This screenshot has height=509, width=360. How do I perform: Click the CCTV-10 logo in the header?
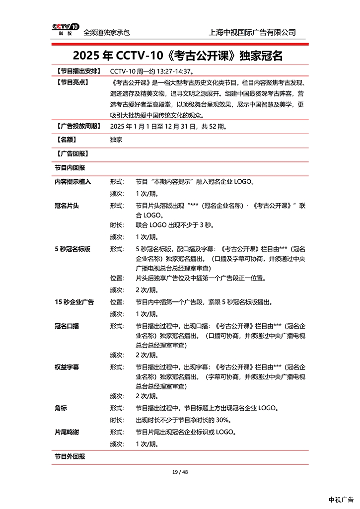pyautogui.click(x=66, y=29)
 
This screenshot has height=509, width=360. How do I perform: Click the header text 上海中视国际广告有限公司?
pyautogui.click(x=253, y=32)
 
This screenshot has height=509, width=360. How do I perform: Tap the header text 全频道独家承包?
pyautogui.click(x=107, y=32)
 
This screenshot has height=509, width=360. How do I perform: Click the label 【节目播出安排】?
pyautogui.click(x=78, y=71)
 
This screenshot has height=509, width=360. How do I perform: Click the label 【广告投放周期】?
pyautogui.click(x=78, y=127)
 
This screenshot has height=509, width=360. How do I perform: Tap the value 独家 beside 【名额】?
pyautogui.click(x=116, y=140)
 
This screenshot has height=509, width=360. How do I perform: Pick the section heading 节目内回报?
pyautogui.click(x=70, y=168)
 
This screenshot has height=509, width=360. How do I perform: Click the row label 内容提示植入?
pyautogui.click(x=73, y=182)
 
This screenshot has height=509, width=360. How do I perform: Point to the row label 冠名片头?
pyautogui.click(x=67, y=206)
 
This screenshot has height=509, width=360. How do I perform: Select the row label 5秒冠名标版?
pyautogui.click(x=72, y=249)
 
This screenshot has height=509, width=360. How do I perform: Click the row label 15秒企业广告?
pyautogui.click(x=74, y=302)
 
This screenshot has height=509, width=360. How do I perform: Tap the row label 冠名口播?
pyautogui.click(x=67, y=326)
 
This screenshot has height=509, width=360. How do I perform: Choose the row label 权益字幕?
pyautogui.click(x=67, y=367)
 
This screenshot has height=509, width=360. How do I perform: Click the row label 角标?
pyautogui.click(x=61, y=408)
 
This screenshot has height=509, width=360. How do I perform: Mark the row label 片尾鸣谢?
pyautogui.click(x=67, y=432)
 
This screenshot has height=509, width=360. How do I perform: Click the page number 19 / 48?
pyautogui.click(x=180, y=472)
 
